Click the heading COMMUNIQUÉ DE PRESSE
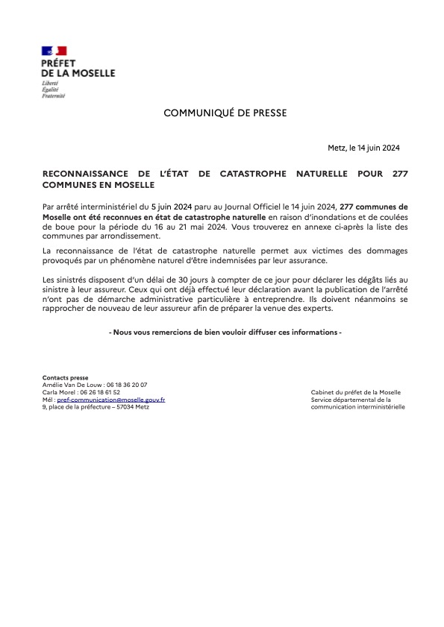tap(225, 113)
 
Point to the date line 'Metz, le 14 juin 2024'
tap(363, 148)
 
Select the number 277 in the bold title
tap(399, 173)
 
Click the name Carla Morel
tap(58, 392)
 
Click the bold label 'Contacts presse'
tap(65, 378)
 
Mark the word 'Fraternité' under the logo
tap(53, 96)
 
